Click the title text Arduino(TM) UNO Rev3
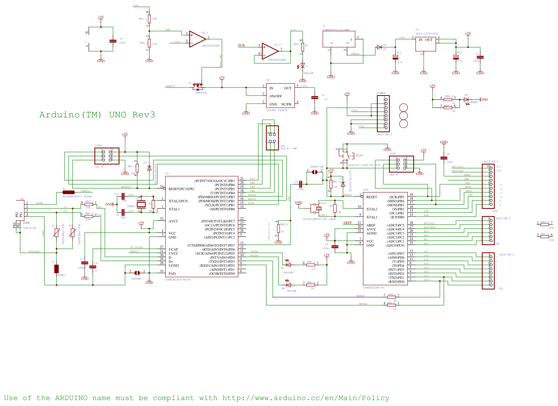[x=97, y=115]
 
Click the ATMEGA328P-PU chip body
[x=385, y=238]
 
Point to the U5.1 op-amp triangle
[x=197, y=39]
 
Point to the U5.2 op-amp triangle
[x=270, y=51]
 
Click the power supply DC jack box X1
[x=339, y=39]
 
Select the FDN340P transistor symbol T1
[x=198, y=86]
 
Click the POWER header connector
[x=383, y=113]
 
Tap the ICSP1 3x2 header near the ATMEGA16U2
[x=107, y=156]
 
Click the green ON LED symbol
[x=466, y=99]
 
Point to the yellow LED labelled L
[x=303, y=65]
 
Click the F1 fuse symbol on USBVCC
[x=68, y=192]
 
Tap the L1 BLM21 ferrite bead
[x=56, y=269]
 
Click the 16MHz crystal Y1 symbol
[x=140, y=205]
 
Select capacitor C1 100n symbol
[x=113, y=41]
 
